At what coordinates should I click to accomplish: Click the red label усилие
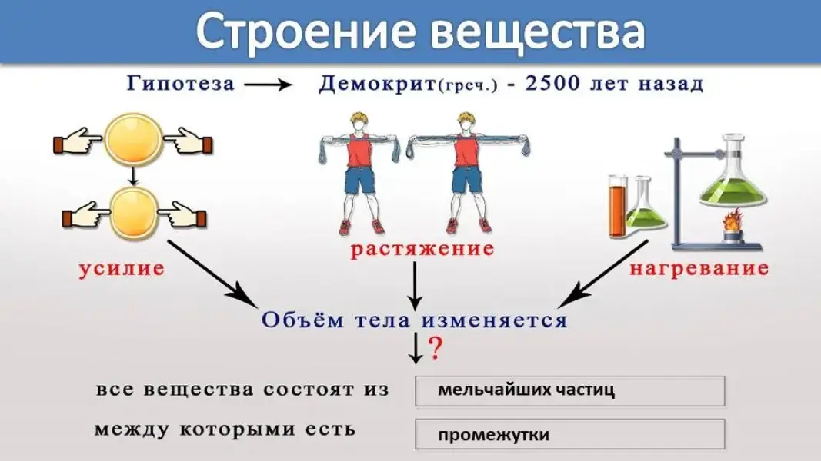[122, 269]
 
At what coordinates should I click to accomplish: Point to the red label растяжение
[422, 250]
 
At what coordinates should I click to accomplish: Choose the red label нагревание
[699, 269]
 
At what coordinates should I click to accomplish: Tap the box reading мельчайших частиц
[569, 390]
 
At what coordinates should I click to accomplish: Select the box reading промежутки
[569, 434]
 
